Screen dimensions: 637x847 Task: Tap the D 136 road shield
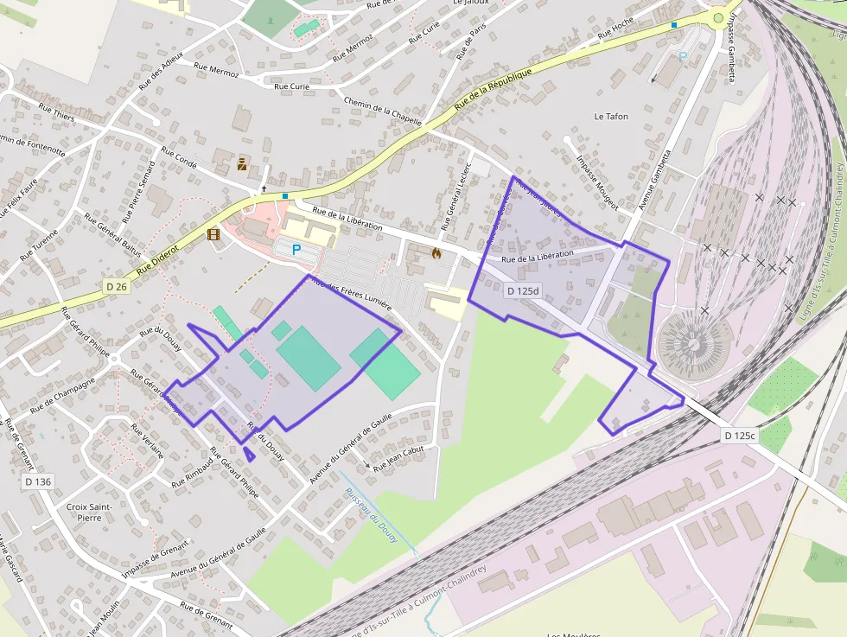(38, 481)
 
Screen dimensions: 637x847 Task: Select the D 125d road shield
(522, 292)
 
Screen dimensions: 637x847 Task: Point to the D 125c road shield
(739, 436)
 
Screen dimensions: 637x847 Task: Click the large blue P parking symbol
(296, 250)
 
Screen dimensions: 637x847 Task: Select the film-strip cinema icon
(213, 233)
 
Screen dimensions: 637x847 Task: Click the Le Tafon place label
(611, 116)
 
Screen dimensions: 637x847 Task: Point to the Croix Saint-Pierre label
(84, 512)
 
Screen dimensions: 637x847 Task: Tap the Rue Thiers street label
(57, 112)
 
